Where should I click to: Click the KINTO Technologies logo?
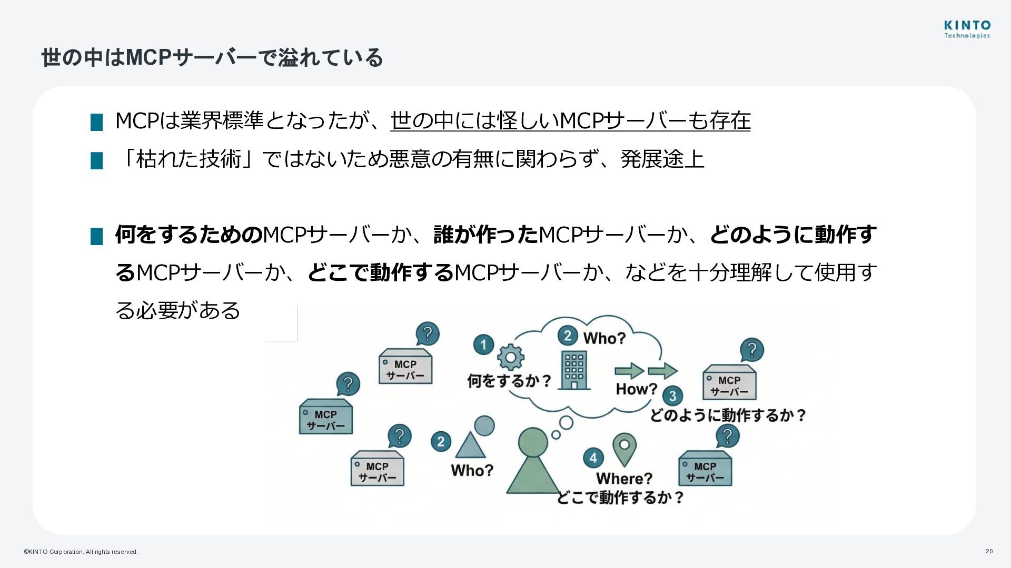[967, 29]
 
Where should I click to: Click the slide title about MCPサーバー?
[212, 57]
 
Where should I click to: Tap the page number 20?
[989, 551]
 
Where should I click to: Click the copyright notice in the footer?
[81, 552]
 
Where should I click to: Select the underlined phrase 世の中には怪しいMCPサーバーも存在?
[570, 120]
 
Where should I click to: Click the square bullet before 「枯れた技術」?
[97, 160]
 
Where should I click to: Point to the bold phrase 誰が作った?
[485, 235]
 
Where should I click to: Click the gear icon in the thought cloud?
[510, 357]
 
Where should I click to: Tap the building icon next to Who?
[574, 370]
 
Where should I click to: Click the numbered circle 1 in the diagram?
[483, 345]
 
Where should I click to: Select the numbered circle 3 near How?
[672, 396]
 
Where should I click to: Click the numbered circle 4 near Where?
[593, 458]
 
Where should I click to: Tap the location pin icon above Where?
[625, 448]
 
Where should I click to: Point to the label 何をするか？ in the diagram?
[509, 380]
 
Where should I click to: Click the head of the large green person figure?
[533, 442]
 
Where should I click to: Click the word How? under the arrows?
[637, 389]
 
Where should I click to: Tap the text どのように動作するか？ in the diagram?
[728, 415]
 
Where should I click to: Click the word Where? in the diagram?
[624, 479]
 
